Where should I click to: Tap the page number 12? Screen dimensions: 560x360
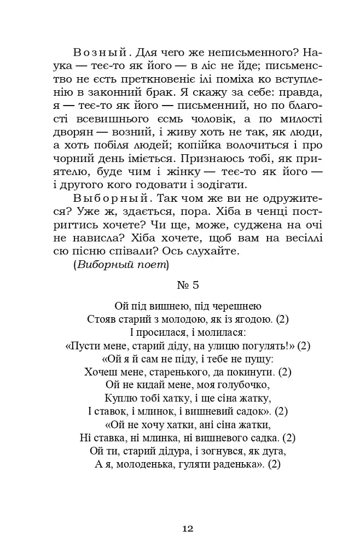point(187,528)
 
